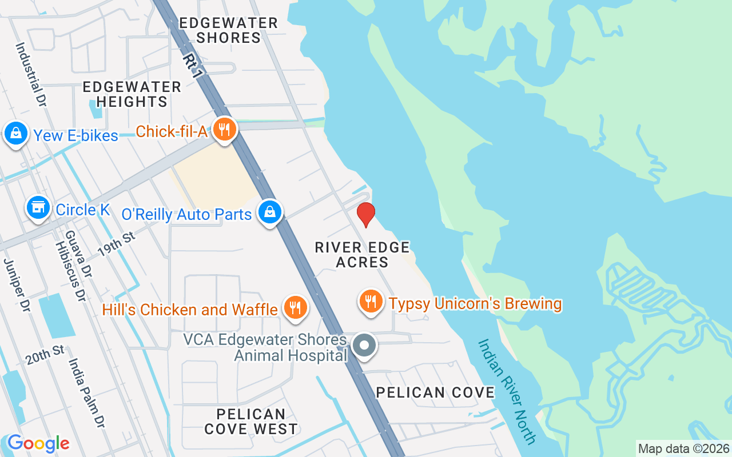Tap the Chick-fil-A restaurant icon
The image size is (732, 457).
225,130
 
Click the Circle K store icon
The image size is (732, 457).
38,208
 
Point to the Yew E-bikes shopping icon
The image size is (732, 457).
16,134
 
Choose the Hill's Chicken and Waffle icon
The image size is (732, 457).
295,308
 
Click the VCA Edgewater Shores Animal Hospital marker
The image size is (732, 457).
364,346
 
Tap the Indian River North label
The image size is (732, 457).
507,391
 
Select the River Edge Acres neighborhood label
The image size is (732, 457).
363,255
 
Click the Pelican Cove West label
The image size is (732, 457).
251,422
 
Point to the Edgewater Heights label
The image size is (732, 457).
132,94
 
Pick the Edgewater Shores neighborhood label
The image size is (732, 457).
228,30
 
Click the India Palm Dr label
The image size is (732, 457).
87,393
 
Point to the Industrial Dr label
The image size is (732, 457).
31,74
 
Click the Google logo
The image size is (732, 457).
38,443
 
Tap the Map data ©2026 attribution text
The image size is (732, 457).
683,448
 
